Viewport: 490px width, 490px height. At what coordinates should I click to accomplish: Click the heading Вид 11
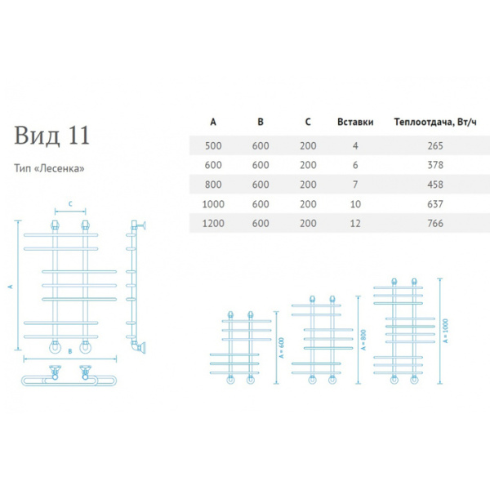(x=51, y=133)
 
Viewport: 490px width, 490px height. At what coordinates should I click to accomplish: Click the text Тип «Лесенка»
(x=50, y=169)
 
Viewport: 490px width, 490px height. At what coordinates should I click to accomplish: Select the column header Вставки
(x=355, y=123)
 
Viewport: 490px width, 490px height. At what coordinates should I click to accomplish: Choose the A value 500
(x=213, y=145)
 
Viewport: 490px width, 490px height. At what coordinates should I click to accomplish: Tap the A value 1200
(x=213, y=223)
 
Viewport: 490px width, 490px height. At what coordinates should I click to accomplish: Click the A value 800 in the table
(x=213, y=184)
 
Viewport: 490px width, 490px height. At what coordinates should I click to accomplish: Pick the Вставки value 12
(x=355, y=223)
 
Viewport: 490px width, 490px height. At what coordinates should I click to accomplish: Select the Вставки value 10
(x=355, y=203)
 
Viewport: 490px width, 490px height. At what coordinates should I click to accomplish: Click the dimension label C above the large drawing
(x=70, y=204)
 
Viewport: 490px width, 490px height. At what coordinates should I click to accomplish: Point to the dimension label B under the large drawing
(x=70, y=352)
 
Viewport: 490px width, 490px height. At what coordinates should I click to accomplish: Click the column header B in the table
(x=261, y=123)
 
